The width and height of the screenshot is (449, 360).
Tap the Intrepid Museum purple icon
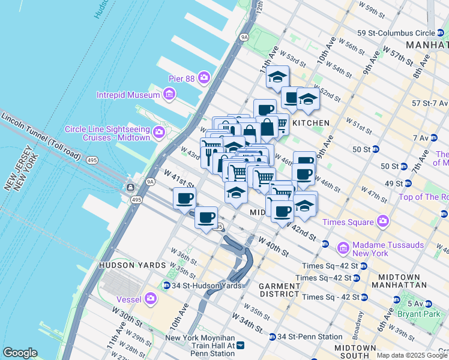(x=169, y=94)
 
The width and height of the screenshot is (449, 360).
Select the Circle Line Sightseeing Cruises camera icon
(x=159, y=131)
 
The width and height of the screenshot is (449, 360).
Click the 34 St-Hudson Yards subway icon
(x=166, y=285)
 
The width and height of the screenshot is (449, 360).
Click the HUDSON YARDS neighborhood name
(x=132, y=265)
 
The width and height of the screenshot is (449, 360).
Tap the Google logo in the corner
(x=20, y=353)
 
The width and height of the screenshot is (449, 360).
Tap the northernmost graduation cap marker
(x=277, y=77)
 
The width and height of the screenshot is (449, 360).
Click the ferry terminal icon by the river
(x=131, y=187)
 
